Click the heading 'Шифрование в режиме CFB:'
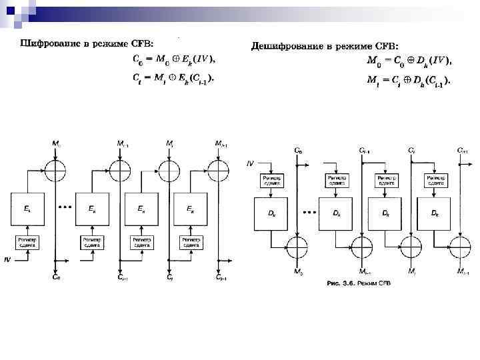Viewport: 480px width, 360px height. pos(87,44)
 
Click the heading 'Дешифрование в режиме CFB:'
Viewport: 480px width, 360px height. pos(325,45)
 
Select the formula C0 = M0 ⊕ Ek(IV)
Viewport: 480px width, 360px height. pos(171,59)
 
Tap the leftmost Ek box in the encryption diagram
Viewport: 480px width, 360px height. pos(27,209)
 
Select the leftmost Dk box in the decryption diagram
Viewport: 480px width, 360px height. pos(272,213)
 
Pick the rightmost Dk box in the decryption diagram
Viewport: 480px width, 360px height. pos(434,213)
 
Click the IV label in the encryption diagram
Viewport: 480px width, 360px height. pos(7,259)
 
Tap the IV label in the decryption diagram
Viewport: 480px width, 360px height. pos(250,162)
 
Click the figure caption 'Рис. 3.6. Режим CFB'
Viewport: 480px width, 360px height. pos(359,283)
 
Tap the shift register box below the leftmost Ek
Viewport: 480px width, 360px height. pos(27,242)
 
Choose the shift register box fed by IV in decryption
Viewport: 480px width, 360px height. pos(272,181)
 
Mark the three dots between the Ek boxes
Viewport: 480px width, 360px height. pos(65,207)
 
